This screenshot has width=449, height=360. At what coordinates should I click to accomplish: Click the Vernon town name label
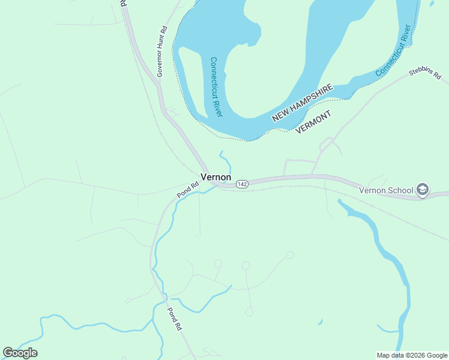[215, 177]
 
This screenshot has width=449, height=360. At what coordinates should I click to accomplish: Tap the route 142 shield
[242, 184]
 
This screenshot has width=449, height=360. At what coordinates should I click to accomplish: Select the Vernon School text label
[386, 190]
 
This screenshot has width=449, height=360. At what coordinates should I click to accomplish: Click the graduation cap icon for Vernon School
[422, 190]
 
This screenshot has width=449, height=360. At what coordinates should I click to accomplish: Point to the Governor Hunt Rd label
[160, 52]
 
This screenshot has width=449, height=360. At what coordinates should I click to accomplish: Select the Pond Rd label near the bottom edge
[173, 319]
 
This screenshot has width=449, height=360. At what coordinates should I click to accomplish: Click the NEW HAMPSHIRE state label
[302, 103]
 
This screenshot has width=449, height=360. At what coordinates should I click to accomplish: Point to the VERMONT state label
[313, 122]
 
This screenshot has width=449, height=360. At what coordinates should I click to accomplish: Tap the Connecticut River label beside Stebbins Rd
[393, 50]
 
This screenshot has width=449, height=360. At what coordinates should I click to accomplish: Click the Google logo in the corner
[20, 353]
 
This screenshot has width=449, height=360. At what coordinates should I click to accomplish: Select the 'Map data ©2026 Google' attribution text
[412, 355]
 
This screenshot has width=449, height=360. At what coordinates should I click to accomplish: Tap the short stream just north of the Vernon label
[226, 160]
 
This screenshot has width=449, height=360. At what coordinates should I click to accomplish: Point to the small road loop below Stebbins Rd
[326, 144]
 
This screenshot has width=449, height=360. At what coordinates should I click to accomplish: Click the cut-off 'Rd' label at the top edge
[122, 3]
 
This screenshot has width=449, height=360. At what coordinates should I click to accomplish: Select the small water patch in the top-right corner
[432, 4]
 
